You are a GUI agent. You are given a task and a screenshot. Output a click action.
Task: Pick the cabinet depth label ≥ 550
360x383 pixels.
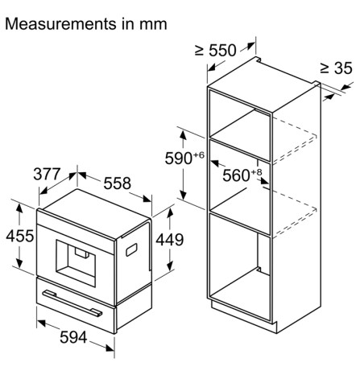216,51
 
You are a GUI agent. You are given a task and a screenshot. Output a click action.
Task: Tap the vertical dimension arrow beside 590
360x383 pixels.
184,166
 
